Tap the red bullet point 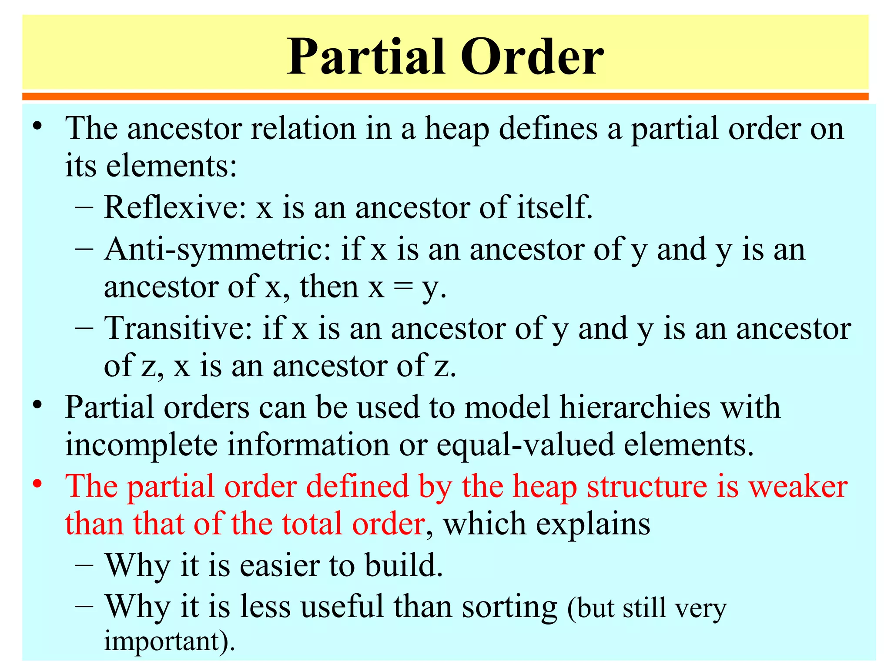click(38, 484)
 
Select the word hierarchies click(635, 407)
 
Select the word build click(403, 565)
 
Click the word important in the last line click(165, 641)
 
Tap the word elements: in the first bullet click(171, 166)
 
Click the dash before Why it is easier click(84, 565)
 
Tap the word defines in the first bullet click(548, 129)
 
